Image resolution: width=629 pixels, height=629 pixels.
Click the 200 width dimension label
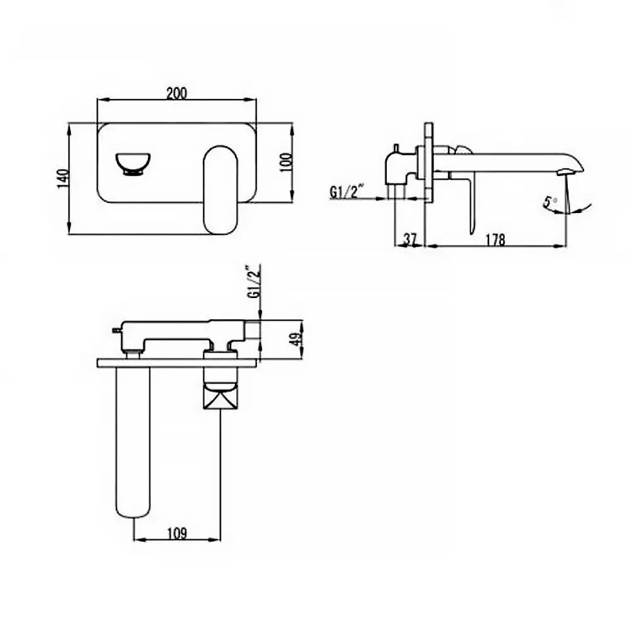[x=176, y=93]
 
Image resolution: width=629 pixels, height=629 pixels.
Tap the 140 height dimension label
[x=64, y=178]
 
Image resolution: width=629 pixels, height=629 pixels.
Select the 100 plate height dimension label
[x=286, y=162]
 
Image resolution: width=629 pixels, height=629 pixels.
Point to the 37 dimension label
[x=410, y=240]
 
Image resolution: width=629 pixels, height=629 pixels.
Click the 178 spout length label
[x=495, y=240]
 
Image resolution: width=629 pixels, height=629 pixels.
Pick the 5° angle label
[x=549, y=201]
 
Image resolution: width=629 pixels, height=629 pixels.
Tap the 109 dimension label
[x=177, y=533]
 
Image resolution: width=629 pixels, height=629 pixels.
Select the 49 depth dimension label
[x=297, y=340]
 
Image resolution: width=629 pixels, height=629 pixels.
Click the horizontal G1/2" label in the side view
[x=347, y=192]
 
